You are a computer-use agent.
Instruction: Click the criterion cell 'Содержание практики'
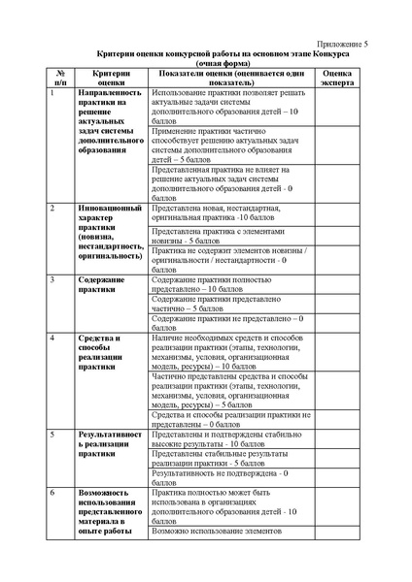[x=103, y=284]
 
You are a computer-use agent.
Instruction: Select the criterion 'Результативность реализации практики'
[x=111, y=443]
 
